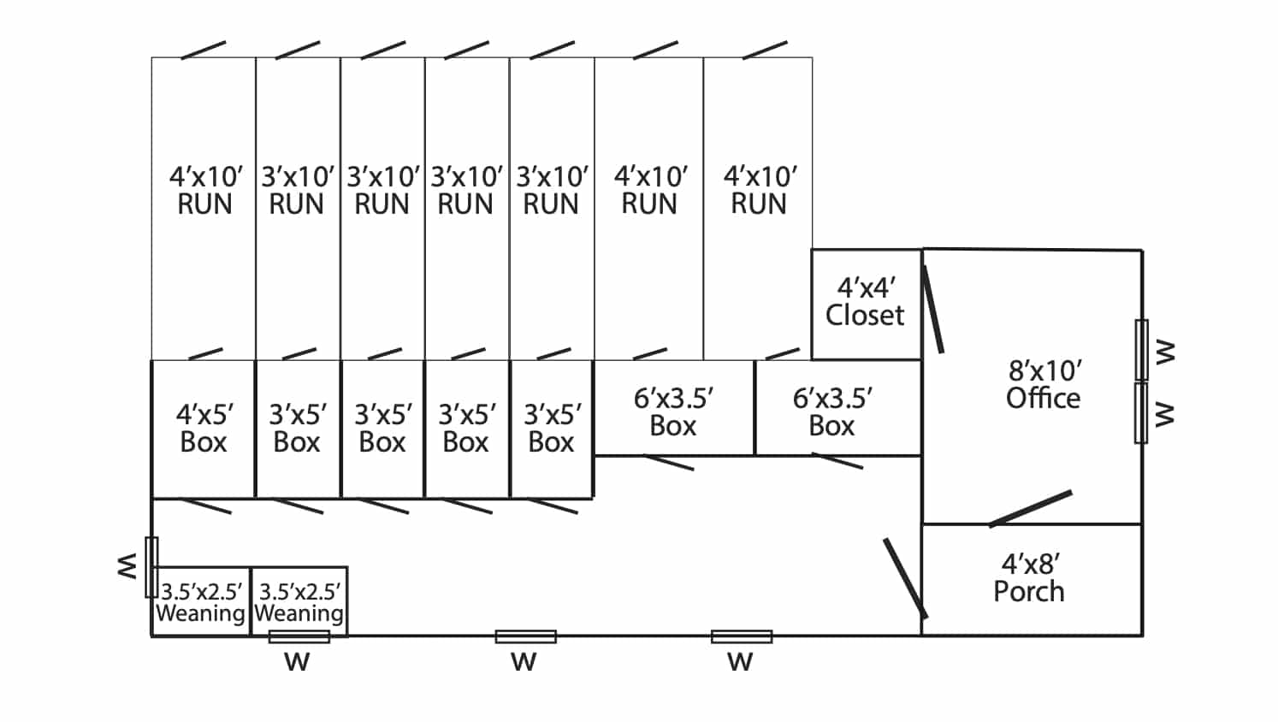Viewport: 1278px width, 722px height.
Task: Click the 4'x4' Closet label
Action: coord(865,301)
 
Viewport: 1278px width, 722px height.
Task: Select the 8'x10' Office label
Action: coord(1044,385)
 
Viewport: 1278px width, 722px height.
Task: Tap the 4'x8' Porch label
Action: coord(1029,578)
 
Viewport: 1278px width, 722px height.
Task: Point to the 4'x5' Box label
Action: coord(204,429)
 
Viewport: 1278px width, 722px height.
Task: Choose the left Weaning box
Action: coord(201,601)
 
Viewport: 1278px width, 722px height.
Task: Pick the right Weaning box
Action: coord(299,601)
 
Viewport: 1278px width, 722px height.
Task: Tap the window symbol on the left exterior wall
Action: coord(151,567)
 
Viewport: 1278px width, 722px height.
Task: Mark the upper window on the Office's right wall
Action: coord(1141,350)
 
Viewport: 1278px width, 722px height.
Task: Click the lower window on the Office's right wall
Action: coord(1141,412)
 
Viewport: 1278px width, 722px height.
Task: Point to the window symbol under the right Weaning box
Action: coord(299,636)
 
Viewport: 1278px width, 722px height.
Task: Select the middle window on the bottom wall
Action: coord(525,636)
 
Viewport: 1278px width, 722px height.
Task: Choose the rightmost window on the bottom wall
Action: coord(742,636)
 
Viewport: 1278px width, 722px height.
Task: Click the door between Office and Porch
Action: coord(1031,508)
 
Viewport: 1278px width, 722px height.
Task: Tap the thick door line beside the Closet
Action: coord(933,310)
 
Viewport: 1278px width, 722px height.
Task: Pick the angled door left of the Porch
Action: coord(905,578)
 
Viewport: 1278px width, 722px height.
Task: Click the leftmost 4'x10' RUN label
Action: coord(205,190)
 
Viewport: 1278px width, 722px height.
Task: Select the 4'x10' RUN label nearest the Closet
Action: coord(760,190)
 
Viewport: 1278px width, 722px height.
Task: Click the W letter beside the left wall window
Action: coord(127,565)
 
